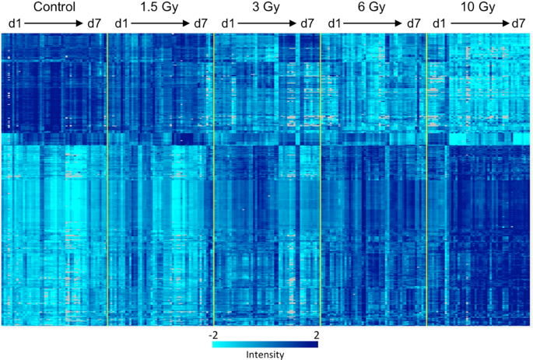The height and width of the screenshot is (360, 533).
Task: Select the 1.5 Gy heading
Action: (x=160, y=8)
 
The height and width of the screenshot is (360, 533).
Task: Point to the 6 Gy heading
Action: (x=372, y=8)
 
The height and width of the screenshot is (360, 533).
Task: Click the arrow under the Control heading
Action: (x=54, y=23)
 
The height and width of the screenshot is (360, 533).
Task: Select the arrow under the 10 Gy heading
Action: (x=479, y=23)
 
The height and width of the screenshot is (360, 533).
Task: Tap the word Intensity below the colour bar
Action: (x=265, y=355)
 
